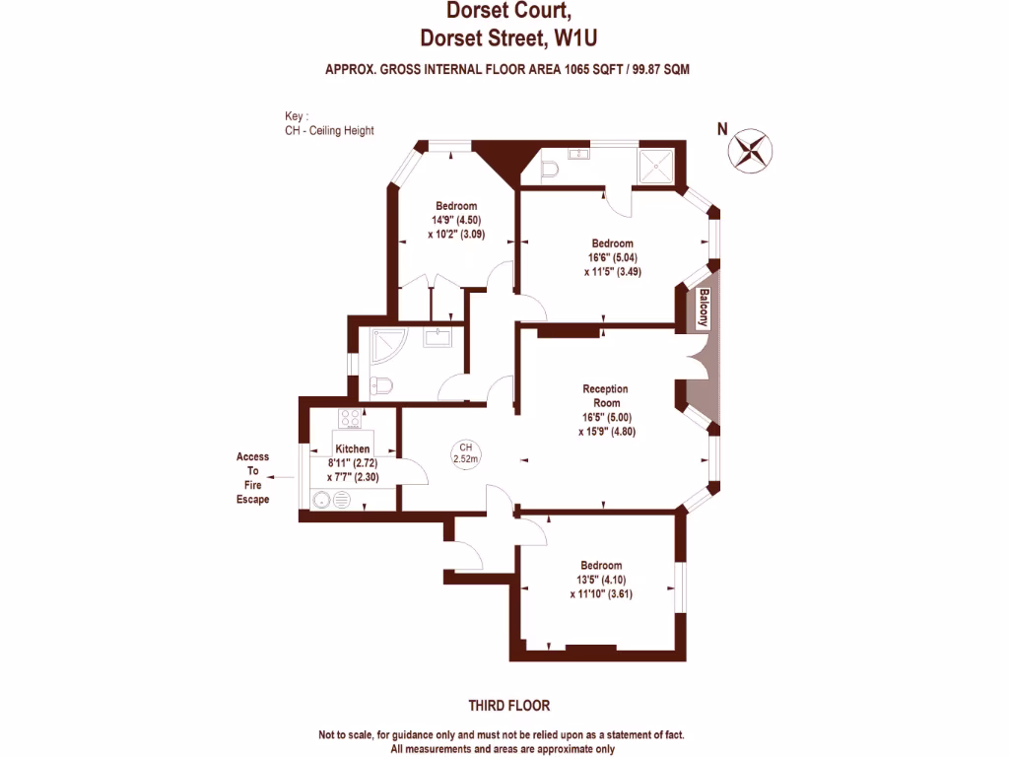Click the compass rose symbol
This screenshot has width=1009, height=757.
[751, 150]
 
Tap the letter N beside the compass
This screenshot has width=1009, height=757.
[722, 127]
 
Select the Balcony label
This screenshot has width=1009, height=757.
[705, 309]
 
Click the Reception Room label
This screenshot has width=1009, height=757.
[604, 395]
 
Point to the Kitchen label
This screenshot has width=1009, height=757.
[352, 448]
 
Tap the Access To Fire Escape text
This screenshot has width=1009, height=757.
[252, 478]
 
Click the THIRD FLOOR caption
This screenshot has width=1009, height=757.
[508, 706]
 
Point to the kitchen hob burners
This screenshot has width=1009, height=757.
[349, 418]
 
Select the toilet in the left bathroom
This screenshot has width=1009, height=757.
[379, 384]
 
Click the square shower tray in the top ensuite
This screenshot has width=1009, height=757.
[656, 165]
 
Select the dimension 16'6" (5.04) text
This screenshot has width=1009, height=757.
[613, 258]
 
